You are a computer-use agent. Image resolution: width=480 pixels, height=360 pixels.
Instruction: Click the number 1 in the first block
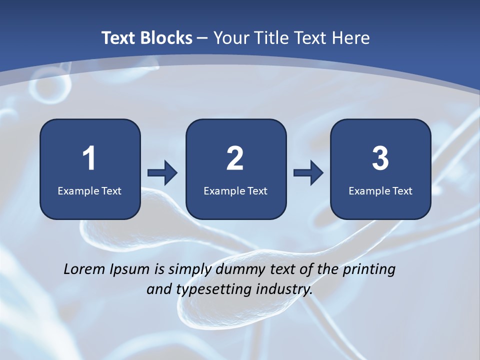pyautogui.click(x=89, y=158)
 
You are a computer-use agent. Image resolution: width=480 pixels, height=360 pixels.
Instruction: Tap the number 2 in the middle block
pyautogui.click(x=235, y=158)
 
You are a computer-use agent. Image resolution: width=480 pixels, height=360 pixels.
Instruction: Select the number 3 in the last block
pyautogui.click(x=380, y=158)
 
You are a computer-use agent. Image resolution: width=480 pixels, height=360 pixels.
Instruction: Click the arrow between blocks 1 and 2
pyautogui.click(x=162, y=173)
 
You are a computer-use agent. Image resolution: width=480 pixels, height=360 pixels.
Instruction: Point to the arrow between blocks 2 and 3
pyautogui.click(x=308, y=173)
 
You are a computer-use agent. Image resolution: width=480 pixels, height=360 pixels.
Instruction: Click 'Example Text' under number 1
pyautogui.click(x=89, y=190)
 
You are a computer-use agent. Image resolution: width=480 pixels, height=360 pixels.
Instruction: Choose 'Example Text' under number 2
pyautogui.click(x=235, y=190)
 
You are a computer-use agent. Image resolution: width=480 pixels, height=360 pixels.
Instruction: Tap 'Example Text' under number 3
pyautogui.click(x=380, y=190)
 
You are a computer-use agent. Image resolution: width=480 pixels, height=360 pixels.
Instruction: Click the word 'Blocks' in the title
pyautogui.click(x=166, y=38)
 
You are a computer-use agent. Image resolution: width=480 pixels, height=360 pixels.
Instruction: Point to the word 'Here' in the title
pyautogui.click(x=351, y=38)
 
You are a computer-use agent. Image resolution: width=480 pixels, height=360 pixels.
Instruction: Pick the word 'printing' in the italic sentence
pyautogui.click(x=369, y=270)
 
